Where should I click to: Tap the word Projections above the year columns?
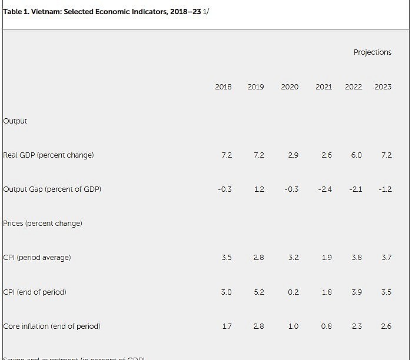pos(372,52)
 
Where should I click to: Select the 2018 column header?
pos(223,87)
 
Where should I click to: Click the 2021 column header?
pos(323,87)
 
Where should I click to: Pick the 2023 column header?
pos(383,87)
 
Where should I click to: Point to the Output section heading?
pos(15,121)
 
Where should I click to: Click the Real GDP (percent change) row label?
pos(48,155)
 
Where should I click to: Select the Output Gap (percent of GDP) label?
pos(52,189)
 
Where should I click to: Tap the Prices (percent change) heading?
pos(42,224)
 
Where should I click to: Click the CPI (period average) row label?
pos(36,258)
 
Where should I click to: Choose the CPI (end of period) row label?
pos(35,292)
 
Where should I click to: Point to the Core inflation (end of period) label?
pos(52,326)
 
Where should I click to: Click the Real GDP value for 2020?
pos(293,155)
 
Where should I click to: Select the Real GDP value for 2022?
pos(356,155)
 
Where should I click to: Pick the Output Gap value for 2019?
pos(259,189)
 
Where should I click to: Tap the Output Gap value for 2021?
pos(325,189)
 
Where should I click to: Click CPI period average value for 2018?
pos(227,258)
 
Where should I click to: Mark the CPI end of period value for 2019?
pos(259,292)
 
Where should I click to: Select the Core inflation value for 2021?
pos(326,326)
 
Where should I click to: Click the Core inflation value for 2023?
pos(386,326)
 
